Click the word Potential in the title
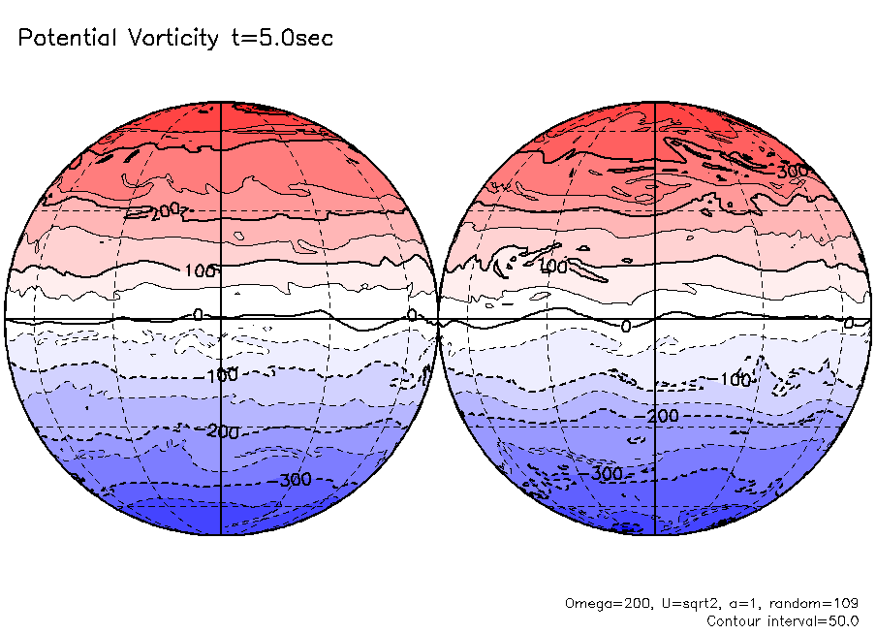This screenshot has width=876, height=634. click(67, 39)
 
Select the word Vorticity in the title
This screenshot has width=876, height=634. click(172, 39)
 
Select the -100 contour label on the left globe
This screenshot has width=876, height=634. click(222, 374)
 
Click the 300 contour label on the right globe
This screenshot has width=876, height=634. click(793, 172)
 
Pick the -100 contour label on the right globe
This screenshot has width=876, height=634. click(735, 380)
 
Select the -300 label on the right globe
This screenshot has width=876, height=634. click(605, 474)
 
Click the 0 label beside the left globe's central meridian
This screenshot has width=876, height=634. click(199, 315)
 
